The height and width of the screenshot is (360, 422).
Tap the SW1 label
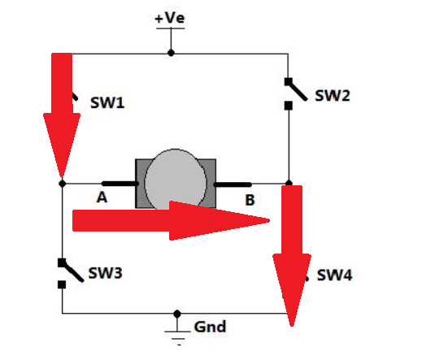[106, 104]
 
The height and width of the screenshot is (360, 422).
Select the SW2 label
[333, 96]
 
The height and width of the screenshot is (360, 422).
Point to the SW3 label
[106, 273]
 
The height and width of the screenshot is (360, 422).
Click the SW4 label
[335, 275]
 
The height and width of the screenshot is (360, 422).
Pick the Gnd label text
[210, 327]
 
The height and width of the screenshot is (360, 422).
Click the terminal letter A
[102, 197]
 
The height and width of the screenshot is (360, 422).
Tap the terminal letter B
[250, 197]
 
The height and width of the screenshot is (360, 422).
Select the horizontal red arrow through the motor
[171, 220]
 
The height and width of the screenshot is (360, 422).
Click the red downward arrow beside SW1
[62, 114]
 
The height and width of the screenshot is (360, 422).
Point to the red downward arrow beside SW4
[291, 252]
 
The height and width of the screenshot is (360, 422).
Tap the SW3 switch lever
[71, 270]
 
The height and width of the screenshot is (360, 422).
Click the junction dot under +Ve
[170, 53]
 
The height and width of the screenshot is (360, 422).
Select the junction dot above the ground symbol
[177, 313]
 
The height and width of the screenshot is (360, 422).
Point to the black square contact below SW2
[288, 105]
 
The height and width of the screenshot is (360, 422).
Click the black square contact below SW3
[62, 284]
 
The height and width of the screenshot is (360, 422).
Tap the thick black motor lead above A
[119, 184]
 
